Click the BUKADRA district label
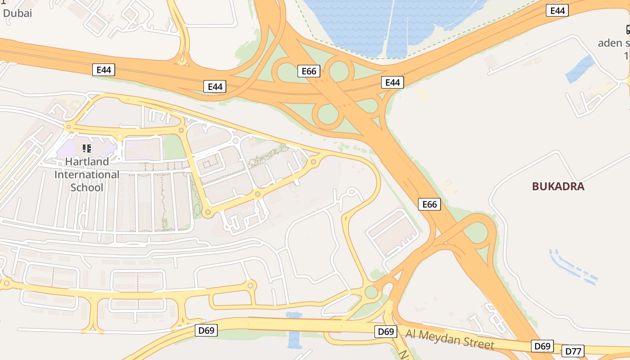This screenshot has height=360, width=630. tap(558, 186)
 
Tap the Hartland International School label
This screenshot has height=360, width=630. tap(87, 174)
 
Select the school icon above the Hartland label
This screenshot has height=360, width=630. tap(87, 148)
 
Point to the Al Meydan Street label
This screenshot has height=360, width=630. tap(450, 339)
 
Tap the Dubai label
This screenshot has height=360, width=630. tap(18, 13)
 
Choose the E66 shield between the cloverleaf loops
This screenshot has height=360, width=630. tap(309, 71)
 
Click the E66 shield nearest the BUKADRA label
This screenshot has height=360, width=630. tap(429, 204)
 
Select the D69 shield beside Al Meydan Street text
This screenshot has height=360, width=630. tap(386, 332)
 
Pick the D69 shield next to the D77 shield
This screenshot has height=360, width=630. tap(542, 346)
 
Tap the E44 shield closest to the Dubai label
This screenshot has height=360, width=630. tap(103, 70)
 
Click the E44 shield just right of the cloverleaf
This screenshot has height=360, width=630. tap(392, 82)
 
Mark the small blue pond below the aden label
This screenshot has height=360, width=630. tap(580, 69)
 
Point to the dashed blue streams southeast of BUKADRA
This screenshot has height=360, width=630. tap(574, 266)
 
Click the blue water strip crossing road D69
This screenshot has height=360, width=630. tap(294, 331)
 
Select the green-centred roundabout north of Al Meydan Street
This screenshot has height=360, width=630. tap(371, 292)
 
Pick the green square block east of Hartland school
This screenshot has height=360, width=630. tap(174, 147)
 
